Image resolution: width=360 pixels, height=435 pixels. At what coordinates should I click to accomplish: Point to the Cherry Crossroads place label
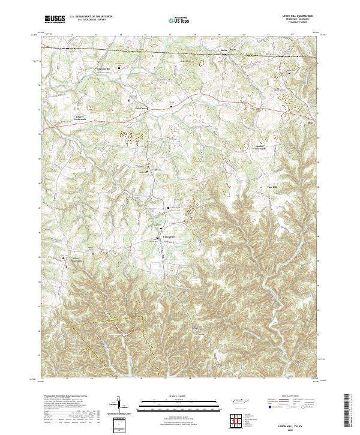pos(80,118)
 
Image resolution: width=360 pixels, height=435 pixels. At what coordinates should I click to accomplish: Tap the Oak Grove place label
pos(140,109)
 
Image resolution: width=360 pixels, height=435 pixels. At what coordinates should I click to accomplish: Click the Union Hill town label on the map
pos(170,236)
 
